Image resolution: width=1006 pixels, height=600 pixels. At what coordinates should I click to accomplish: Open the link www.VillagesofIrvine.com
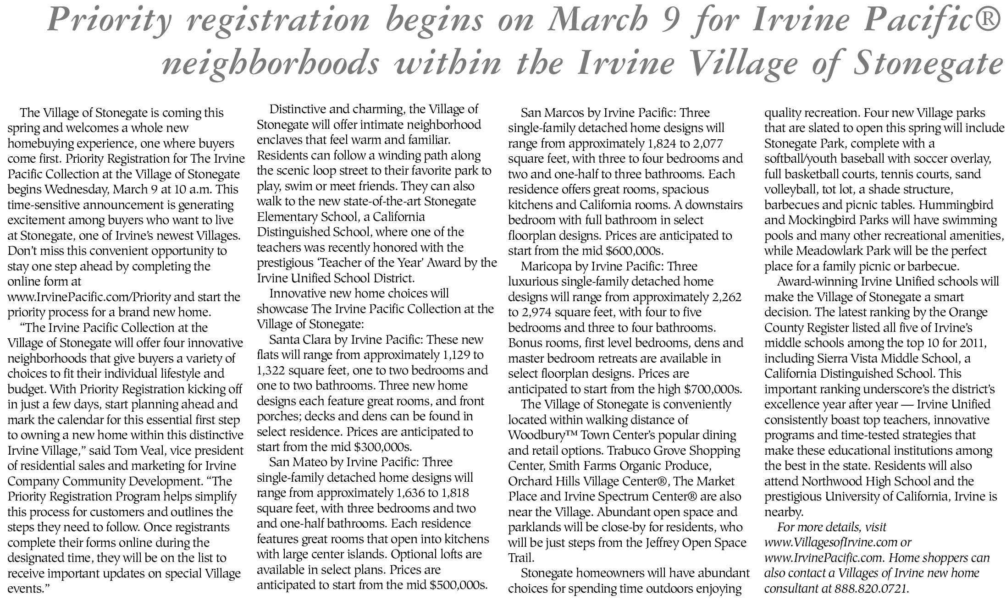pyautogui.click(x=830, y=542)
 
